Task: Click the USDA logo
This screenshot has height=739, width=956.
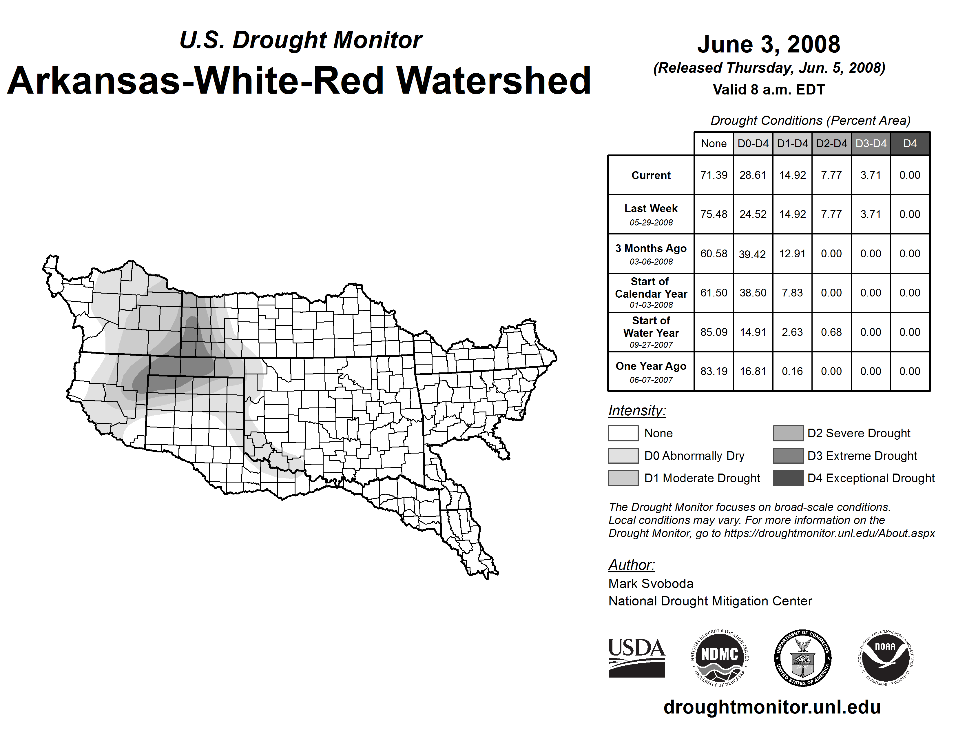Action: (x=636, y=658)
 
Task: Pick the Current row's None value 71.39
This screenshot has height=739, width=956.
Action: (x=714, y=175)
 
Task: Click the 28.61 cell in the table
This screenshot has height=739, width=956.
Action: (x=753, y=175)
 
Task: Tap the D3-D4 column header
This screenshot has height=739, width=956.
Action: (x=871, y=143)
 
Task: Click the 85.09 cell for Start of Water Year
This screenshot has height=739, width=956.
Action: (x=714, y=332)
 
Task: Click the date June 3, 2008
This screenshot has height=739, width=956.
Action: (x=769, y=44)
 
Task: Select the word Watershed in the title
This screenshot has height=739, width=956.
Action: (x=494, y=81)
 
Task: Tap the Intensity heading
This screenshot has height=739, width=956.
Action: (x=637, y=411)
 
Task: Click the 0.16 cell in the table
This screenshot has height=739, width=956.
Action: (x=792, y=371)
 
